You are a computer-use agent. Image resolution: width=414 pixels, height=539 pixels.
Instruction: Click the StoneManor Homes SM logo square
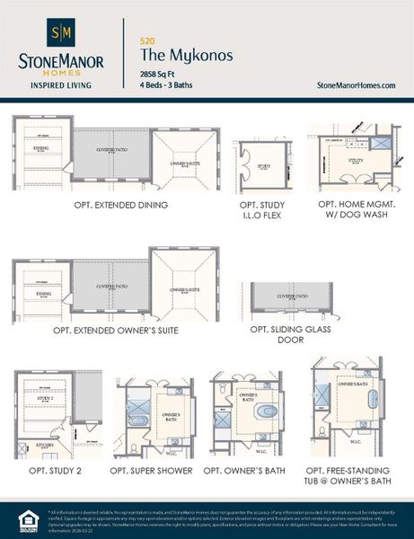tap(61, 34)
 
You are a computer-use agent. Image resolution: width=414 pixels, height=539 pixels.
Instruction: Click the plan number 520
tap(147, 40)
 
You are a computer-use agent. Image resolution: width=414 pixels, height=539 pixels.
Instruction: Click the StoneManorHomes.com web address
tap(357, 84)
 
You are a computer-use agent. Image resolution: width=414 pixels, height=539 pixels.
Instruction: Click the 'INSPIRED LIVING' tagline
tap(61, 86)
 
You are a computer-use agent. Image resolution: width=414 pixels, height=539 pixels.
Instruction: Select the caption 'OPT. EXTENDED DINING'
tap(121, 205)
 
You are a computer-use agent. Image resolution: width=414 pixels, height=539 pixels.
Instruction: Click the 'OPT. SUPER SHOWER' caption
tap(151, 471)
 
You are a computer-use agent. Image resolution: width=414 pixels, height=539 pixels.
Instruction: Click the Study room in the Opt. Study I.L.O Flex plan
tap(263, 167)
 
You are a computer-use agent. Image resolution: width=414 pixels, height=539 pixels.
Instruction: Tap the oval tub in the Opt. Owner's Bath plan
tap(267, 411)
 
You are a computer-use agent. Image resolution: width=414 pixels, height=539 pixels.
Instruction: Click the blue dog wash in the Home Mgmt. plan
tap(380, 143)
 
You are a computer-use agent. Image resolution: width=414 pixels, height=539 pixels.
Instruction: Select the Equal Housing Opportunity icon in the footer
tap(24, 518)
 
